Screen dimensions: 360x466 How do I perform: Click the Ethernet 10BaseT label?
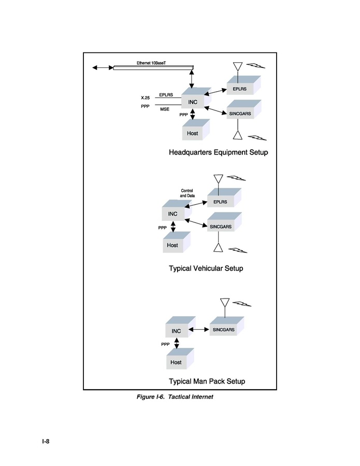(151, 63)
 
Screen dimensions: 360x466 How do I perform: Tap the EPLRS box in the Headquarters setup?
(243, 86)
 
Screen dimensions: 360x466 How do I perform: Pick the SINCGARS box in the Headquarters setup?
(244, 109)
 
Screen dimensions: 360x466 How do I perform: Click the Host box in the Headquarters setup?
(196, 130)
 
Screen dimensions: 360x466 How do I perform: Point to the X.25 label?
(145, 98)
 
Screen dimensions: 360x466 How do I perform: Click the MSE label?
(165, 109)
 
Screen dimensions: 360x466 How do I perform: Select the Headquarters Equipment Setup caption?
(218, 152)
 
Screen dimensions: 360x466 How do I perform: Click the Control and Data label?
(187, 193)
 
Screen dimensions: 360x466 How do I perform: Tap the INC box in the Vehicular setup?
(177, 210)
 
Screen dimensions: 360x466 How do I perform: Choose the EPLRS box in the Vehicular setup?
(224, 197)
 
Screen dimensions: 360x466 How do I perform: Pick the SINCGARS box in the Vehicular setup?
(224, 222)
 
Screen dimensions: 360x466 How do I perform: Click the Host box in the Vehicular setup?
(177, 242)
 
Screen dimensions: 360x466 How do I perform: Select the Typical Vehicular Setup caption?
(206, 269)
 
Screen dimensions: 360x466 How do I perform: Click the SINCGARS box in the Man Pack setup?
(227, 326)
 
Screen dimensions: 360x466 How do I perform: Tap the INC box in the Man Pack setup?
(180, 327)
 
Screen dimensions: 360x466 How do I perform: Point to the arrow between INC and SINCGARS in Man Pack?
(199, 329)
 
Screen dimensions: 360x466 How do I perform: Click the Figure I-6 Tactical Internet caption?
(175, 397)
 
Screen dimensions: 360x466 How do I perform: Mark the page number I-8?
(46, 441)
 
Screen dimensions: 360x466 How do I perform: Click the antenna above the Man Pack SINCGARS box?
(225, 307)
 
